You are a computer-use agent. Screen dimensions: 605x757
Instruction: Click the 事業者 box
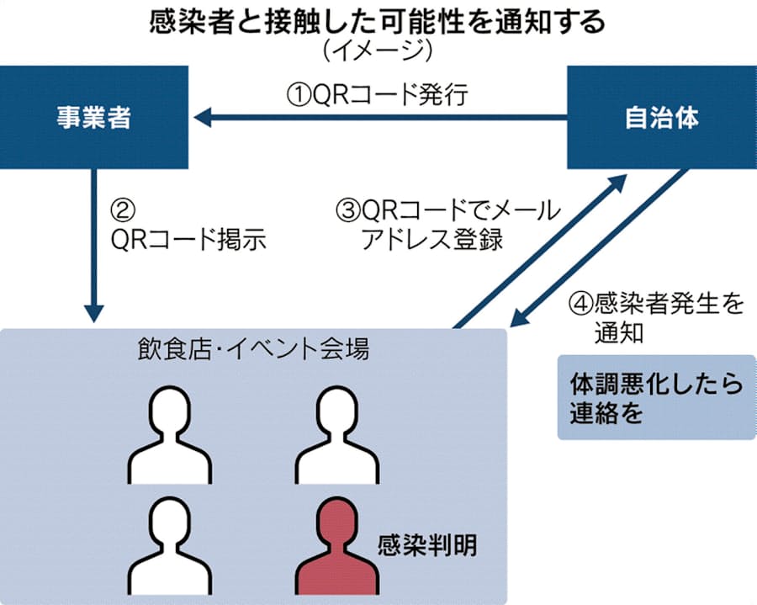tap(94, 119)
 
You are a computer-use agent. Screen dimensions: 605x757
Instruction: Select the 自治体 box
tap(661, 119)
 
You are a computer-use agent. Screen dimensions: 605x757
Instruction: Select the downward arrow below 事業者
tap(95, 245)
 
